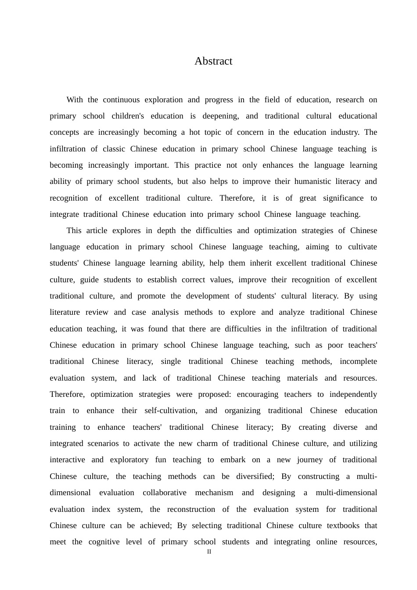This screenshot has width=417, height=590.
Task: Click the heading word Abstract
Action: click(x=213, y=61)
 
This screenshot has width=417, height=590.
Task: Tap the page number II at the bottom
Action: click(x=209, y=552)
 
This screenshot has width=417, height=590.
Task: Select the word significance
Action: click(x=343, y=198)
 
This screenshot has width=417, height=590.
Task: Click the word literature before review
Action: click(x=65, y=312)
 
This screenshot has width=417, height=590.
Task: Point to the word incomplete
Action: click(x=358, y=361)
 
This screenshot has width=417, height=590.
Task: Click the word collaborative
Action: click(x=165, y=493)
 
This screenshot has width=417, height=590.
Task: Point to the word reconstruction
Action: click(x=191, y=509)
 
